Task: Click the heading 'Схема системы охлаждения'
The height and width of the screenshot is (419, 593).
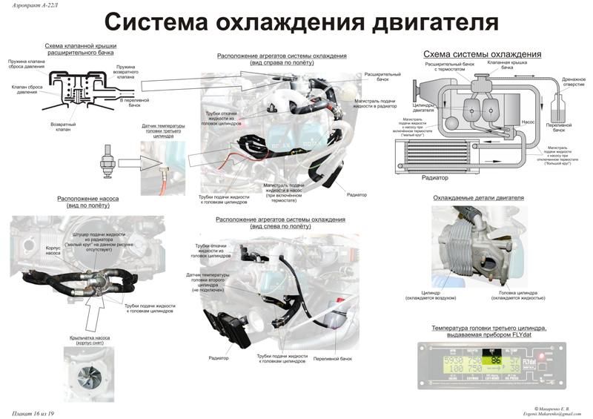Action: [481, 55]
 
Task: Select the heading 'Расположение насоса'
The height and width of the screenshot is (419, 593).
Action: [87, 199]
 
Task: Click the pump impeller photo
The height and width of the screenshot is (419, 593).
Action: [87, 370]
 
